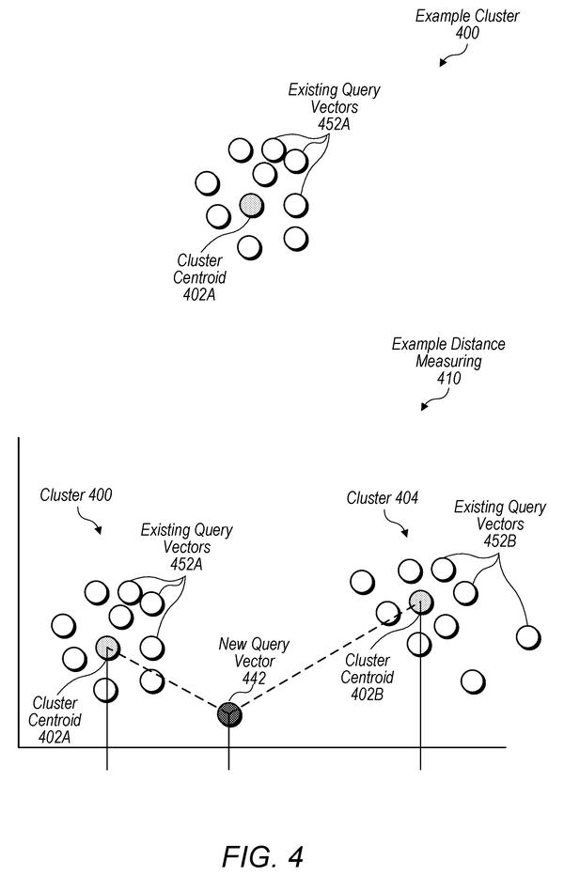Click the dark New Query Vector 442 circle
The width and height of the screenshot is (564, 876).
coord(229,713)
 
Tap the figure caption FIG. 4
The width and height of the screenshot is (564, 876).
coord(262,855)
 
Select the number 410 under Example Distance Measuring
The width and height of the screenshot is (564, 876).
coord(449,378)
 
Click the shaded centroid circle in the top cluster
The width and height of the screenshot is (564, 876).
coord(251,205)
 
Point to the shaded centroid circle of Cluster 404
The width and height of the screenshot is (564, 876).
coord(420,602)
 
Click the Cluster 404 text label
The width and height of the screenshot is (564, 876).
coord(383,498)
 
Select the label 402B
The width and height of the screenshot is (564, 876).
coord(367,695)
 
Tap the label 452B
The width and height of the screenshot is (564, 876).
coord(500,540)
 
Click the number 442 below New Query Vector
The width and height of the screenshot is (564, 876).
coord(254,679)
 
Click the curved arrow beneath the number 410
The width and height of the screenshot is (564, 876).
coord(436,400)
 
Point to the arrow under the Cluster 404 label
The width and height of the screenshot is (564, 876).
coord(397,524)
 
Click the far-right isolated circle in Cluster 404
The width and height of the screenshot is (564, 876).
coord(528,637)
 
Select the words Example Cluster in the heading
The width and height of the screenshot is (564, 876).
coord(467,16)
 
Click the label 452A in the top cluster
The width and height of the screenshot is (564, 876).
coord(335,124)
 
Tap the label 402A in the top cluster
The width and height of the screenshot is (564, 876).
coord(199,294)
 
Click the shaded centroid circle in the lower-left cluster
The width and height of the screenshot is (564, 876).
coord(107,647)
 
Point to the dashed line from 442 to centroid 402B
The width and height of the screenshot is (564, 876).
coord(324,658)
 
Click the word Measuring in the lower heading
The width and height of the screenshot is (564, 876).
coord(449,361)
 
